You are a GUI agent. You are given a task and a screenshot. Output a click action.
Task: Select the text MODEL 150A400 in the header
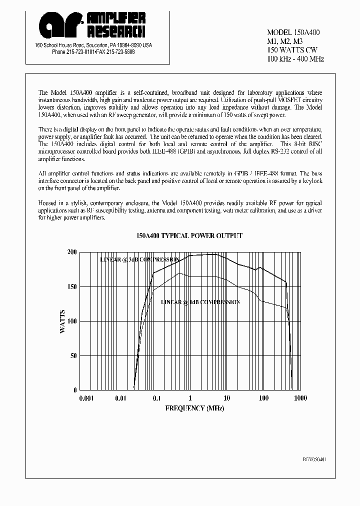point(293,32)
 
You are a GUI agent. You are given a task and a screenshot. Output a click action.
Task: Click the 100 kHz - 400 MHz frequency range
point(295,59)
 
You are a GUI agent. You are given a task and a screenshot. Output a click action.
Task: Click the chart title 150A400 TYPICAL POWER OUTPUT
point(189,235)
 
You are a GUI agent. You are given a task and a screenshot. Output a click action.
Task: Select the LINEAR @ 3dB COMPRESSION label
point(139,260)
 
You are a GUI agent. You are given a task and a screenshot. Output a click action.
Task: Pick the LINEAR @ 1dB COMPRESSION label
point(200,302)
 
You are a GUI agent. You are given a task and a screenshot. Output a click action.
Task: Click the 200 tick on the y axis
point(71,252)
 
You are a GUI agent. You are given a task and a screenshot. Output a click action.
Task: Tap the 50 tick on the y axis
point(73,355)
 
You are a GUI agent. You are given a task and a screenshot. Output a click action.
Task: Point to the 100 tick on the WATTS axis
point(71,321)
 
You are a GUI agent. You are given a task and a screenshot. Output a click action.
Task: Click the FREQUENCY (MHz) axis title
point(194,408)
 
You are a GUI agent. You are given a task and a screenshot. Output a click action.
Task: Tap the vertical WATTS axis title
point(62,321)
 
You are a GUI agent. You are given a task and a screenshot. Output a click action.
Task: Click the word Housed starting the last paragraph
point(48,203)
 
